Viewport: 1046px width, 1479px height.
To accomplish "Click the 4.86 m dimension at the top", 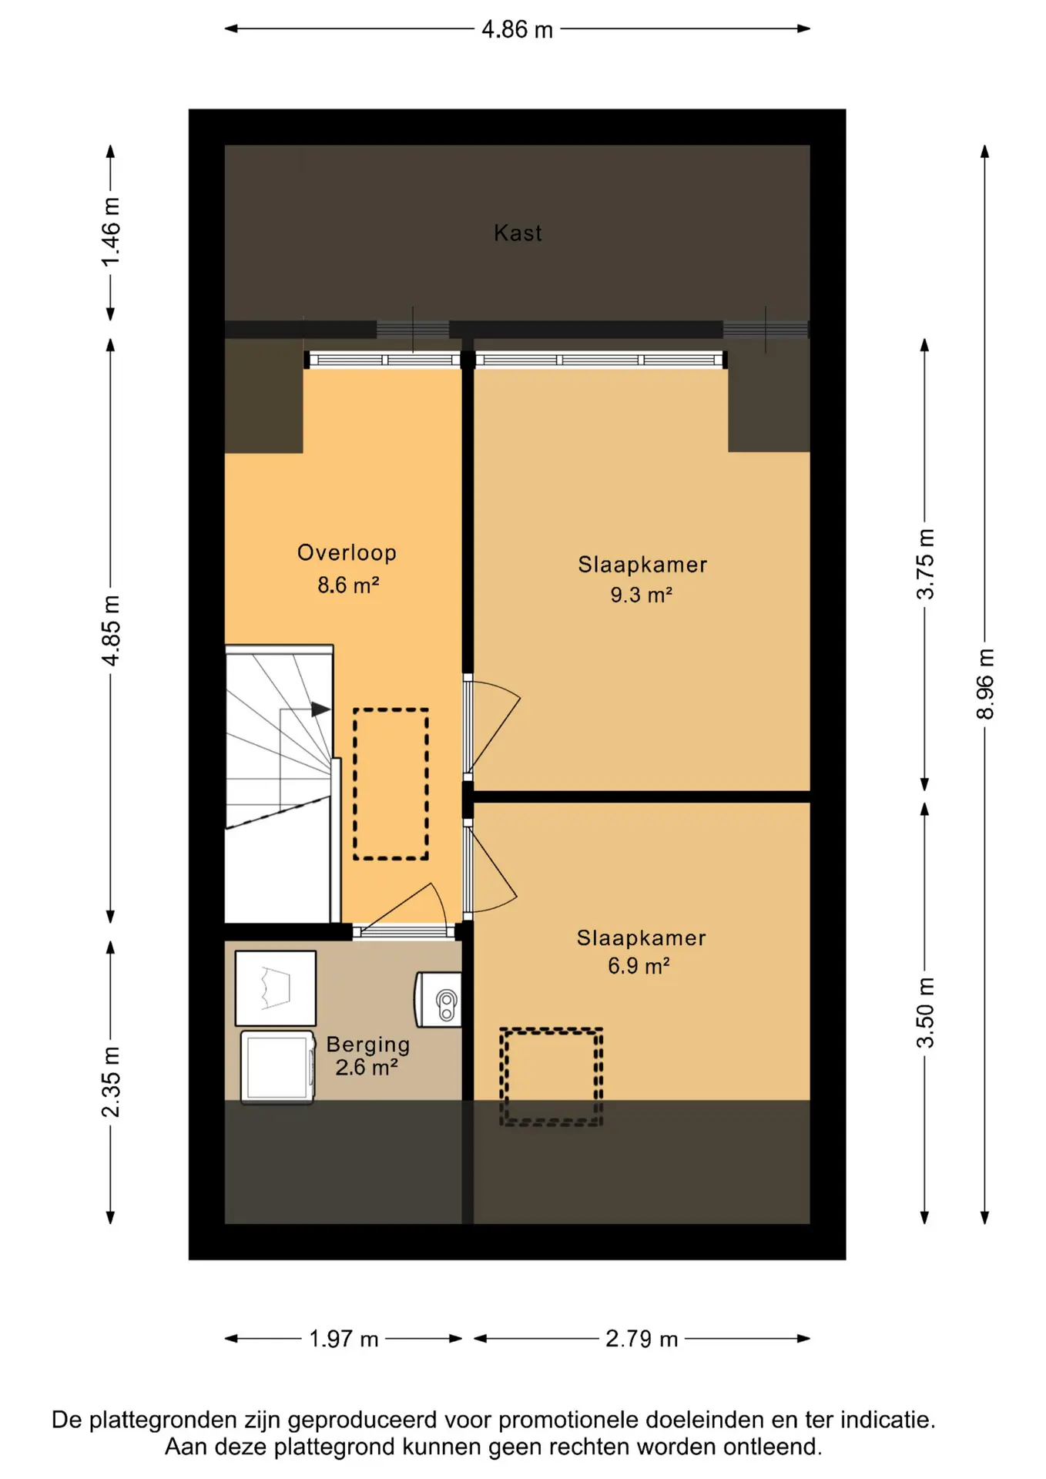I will pos(517,29).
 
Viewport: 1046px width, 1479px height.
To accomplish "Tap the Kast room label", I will pos(518,233).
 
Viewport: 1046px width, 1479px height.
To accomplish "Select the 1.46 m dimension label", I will pos(111,233).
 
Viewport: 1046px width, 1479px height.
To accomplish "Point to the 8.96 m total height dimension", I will pos(985,683).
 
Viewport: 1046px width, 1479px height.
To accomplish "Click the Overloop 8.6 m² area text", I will pos(347,568).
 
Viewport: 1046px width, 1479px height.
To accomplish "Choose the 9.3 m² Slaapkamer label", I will pos(642,579).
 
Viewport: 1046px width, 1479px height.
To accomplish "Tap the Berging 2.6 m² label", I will pos(367,1055).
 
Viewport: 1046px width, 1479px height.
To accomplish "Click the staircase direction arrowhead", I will pos(320,709).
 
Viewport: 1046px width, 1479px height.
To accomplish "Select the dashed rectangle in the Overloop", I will pos(391,783).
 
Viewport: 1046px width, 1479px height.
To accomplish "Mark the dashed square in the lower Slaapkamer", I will pos(551,1076).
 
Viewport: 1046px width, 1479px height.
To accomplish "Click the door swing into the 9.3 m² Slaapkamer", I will pos(493,724).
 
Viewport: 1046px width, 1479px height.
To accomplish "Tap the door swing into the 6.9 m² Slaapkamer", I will pos(493,867).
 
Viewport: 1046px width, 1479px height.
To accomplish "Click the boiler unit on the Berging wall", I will pos(440,999).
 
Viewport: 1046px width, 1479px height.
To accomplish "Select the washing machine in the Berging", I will pos(277,1067).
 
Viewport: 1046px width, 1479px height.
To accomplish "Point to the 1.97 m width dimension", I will pos(344,1339).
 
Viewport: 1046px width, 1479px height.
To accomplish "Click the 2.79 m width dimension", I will pos(642,1339).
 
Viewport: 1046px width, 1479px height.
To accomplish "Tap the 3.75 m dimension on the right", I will pos(925,564).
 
